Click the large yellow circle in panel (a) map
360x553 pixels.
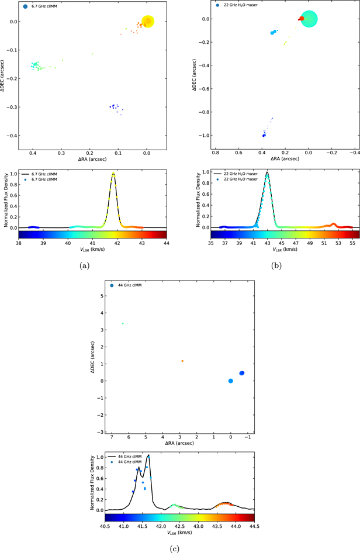tap(148, 21)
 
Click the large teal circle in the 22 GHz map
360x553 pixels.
tap(309, 19)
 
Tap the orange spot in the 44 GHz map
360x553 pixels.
tap(182, 361)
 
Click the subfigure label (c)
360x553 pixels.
tap(175, 548)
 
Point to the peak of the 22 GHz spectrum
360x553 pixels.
tap(267, 172)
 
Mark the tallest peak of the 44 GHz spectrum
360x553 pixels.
tap(148, 455)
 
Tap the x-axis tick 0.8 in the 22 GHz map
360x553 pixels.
tap(216, 153)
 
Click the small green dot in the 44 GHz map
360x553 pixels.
tap(123, 323)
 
